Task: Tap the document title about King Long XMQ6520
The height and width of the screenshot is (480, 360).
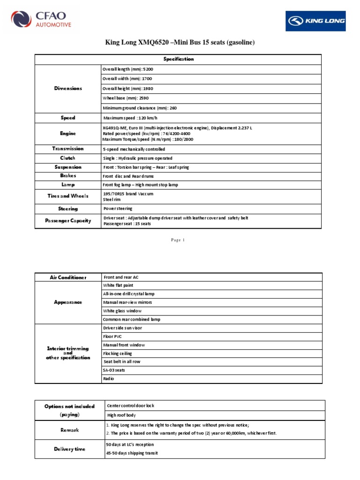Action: coord(180,43)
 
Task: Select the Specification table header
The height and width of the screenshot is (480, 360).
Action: coord(178,59)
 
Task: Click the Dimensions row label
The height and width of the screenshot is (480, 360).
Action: coord(68,88)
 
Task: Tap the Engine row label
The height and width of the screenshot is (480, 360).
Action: coord(68,134)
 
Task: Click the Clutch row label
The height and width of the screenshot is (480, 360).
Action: coord(68,158)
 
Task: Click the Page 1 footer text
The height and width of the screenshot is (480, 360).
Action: coord(178,240)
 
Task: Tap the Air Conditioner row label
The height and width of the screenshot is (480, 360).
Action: coord(68,277)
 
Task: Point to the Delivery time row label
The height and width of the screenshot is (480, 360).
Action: coord(68,449)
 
